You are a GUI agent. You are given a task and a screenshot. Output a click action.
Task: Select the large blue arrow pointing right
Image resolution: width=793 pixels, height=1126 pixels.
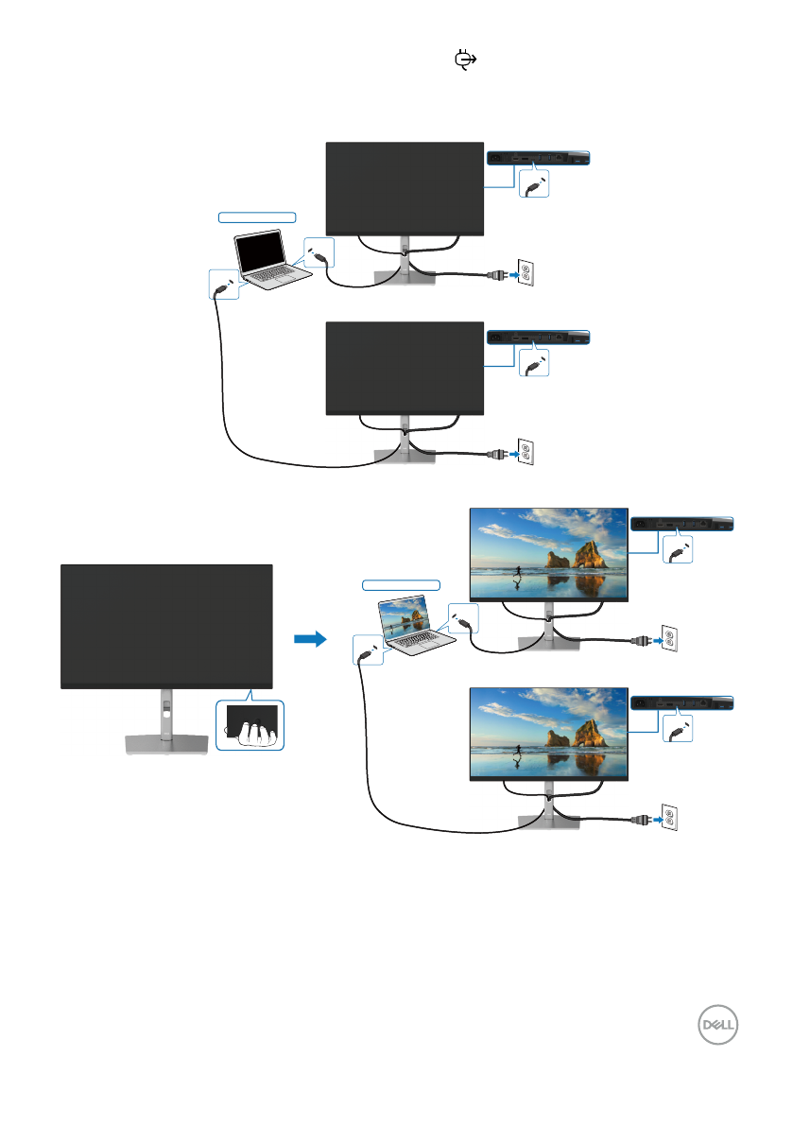(310, 640)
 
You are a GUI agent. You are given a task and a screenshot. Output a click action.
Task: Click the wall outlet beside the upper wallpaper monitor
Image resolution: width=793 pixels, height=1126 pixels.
(668, 640)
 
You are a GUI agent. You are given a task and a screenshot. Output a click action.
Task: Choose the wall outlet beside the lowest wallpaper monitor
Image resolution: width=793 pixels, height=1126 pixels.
(668, 819)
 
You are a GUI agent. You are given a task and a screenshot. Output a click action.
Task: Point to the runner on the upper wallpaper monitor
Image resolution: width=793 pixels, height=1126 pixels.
(518, 576)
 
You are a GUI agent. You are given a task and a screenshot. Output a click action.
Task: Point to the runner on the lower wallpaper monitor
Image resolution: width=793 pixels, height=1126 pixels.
(518, 754)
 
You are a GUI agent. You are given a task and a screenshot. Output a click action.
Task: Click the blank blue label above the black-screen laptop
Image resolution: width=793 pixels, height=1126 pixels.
(257, 217)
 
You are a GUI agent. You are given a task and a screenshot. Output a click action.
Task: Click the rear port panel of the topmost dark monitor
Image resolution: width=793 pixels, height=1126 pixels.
(537, 158)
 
